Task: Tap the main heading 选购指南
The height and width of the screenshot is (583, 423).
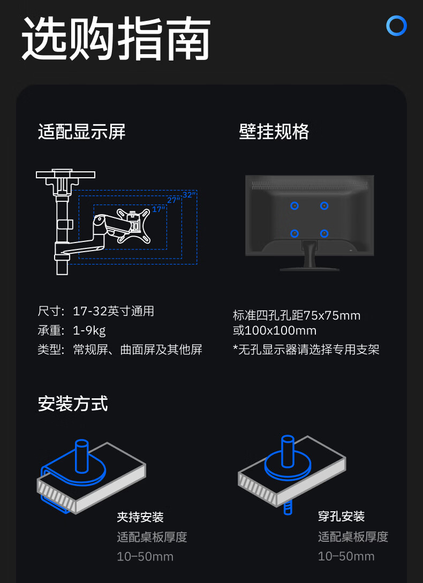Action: tap(116, 39)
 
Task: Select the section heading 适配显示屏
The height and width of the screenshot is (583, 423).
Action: tap(82, 132)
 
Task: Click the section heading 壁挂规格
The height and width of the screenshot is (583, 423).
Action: tap(274, 132)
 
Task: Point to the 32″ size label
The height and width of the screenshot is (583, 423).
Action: tap(189, 194)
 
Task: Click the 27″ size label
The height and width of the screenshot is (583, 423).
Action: tap(173, 200)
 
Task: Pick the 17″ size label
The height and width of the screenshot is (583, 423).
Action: tap(158, 209)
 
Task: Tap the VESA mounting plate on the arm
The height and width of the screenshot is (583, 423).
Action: tap(134, 225)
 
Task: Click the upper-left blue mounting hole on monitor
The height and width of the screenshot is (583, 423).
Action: tap(294, 206)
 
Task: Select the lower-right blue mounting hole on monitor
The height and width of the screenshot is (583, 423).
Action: tap(324, 233)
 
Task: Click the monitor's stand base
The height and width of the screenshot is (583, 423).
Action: tap(309, 268)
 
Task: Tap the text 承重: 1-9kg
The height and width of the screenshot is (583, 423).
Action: tap(71, 330)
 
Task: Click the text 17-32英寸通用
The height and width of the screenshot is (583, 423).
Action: tap(114, 311)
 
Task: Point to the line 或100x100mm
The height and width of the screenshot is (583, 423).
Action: tap(275, 330)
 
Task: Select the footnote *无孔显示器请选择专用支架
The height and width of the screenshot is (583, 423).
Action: tap(306, 350)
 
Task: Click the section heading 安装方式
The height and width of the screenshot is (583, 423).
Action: tap(73, 404)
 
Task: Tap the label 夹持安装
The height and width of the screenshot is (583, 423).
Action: tap(140, 517)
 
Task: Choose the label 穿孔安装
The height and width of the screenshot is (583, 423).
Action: tap(341, 516)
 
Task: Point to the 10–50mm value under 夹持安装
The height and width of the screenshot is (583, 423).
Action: tap(145, 556)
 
